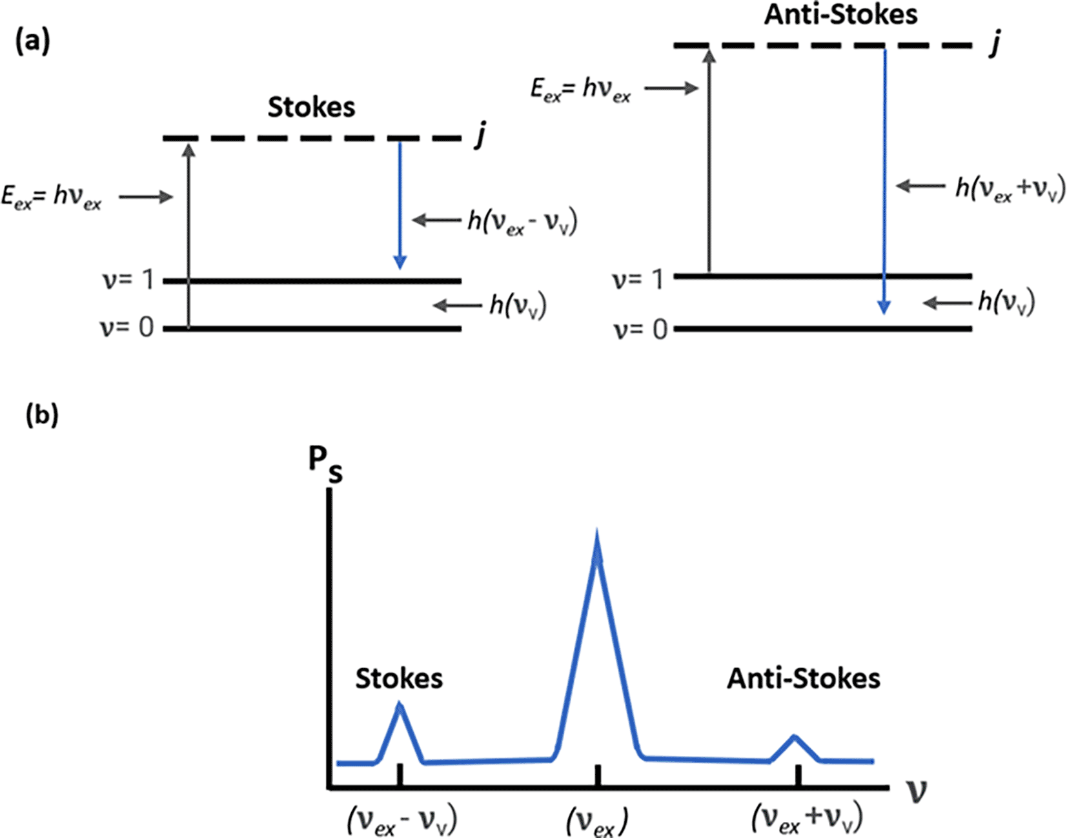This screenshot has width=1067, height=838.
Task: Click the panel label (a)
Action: click(32, 43)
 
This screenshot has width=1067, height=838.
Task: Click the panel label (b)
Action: click(42, 415)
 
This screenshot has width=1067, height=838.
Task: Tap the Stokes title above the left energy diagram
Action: click(311, 107)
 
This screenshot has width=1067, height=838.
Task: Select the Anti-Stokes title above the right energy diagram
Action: click(840, 14)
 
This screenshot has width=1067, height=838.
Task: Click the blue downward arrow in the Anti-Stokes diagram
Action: click(884, 181)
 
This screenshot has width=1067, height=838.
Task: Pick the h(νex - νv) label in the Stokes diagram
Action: click(522, 221)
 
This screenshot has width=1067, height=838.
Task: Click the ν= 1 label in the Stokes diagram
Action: click(128, 280)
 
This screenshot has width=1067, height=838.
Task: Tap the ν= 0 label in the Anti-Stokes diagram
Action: click(640, 329)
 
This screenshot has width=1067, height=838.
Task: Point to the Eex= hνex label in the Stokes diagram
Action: click(52, 197)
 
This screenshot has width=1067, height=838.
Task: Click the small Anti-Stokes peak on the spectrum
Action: click(795, 742)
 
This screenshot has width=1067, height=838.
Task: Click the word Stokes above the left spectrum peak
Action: click(399, 679)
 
